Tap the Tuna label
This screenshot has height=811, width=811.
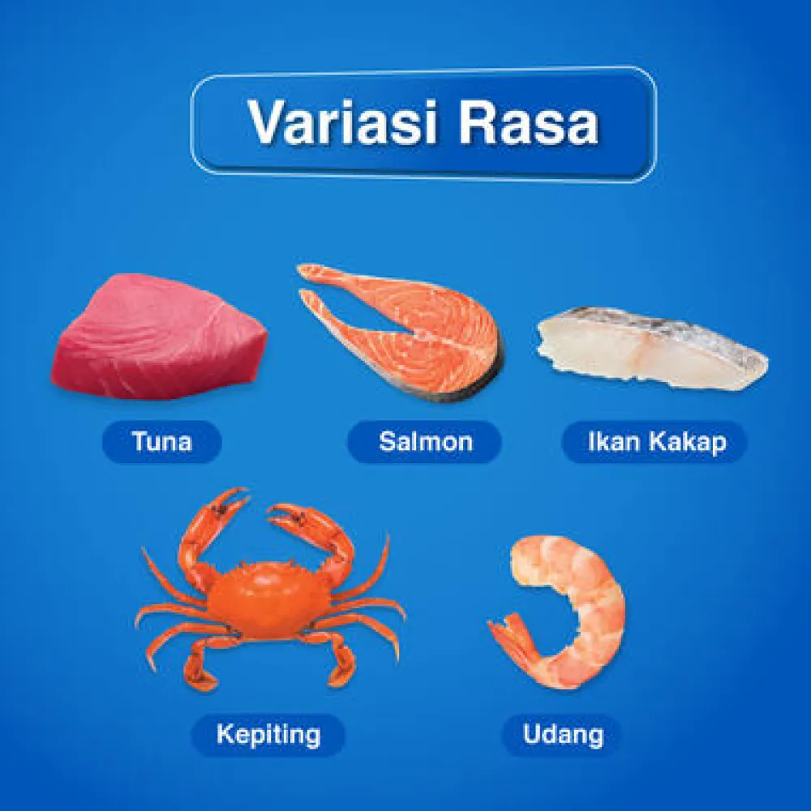click(x=162, y=442)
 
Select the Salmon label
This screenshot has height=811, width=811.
click(x=425, y=442)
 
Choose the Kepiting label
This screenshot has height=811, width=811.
click(x=268, y=735)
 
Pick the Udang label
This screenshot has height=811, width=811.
click(x=563, y=735)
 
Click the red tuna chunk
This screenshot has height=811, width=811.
click(x=159, y=337)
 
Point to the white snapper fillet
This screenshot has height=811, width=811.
click(x=652, y=348)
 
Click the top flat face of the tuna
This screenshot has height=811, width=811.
click(x=155, y=305)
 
